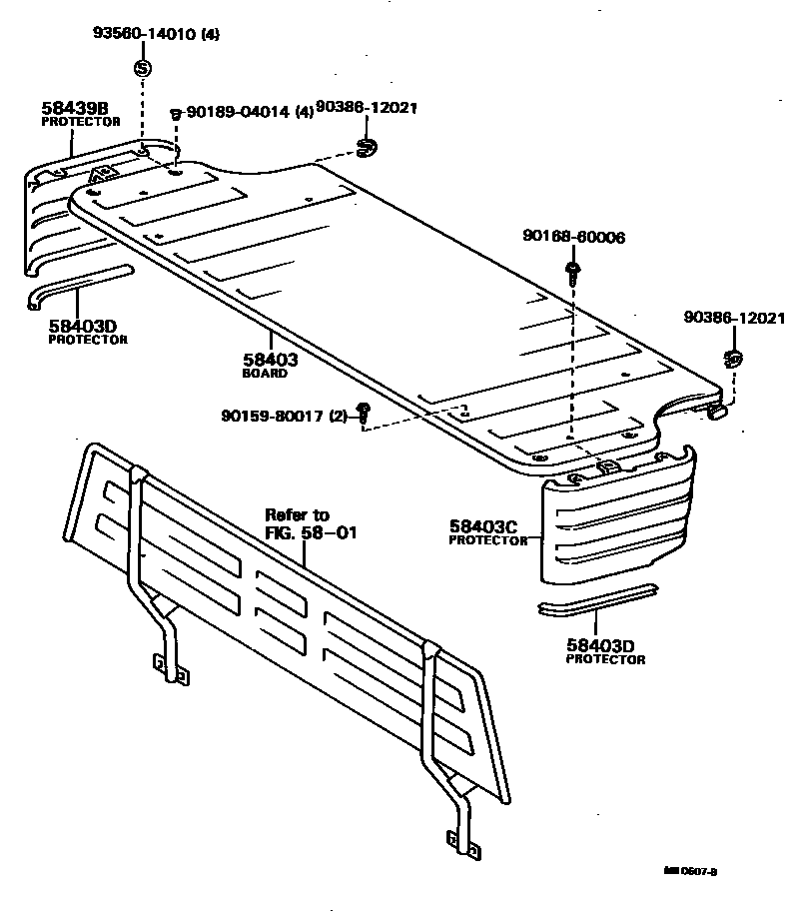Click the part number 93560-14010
pos(145,34)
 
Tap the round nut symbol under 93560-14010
pos(142,68)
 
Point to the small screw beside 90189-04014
pos(176,114)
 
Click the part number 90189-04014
pos(237,113)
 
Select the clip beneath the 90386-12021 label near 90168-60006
pos(734,358)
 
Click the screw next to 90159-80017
pos(365,411)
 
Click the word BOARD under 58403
pos(265,374)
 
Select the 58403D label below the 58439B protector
pos(82,325)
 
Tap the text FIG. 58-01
pos(311,532)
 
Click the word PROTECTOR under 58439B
pos(80,121)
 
